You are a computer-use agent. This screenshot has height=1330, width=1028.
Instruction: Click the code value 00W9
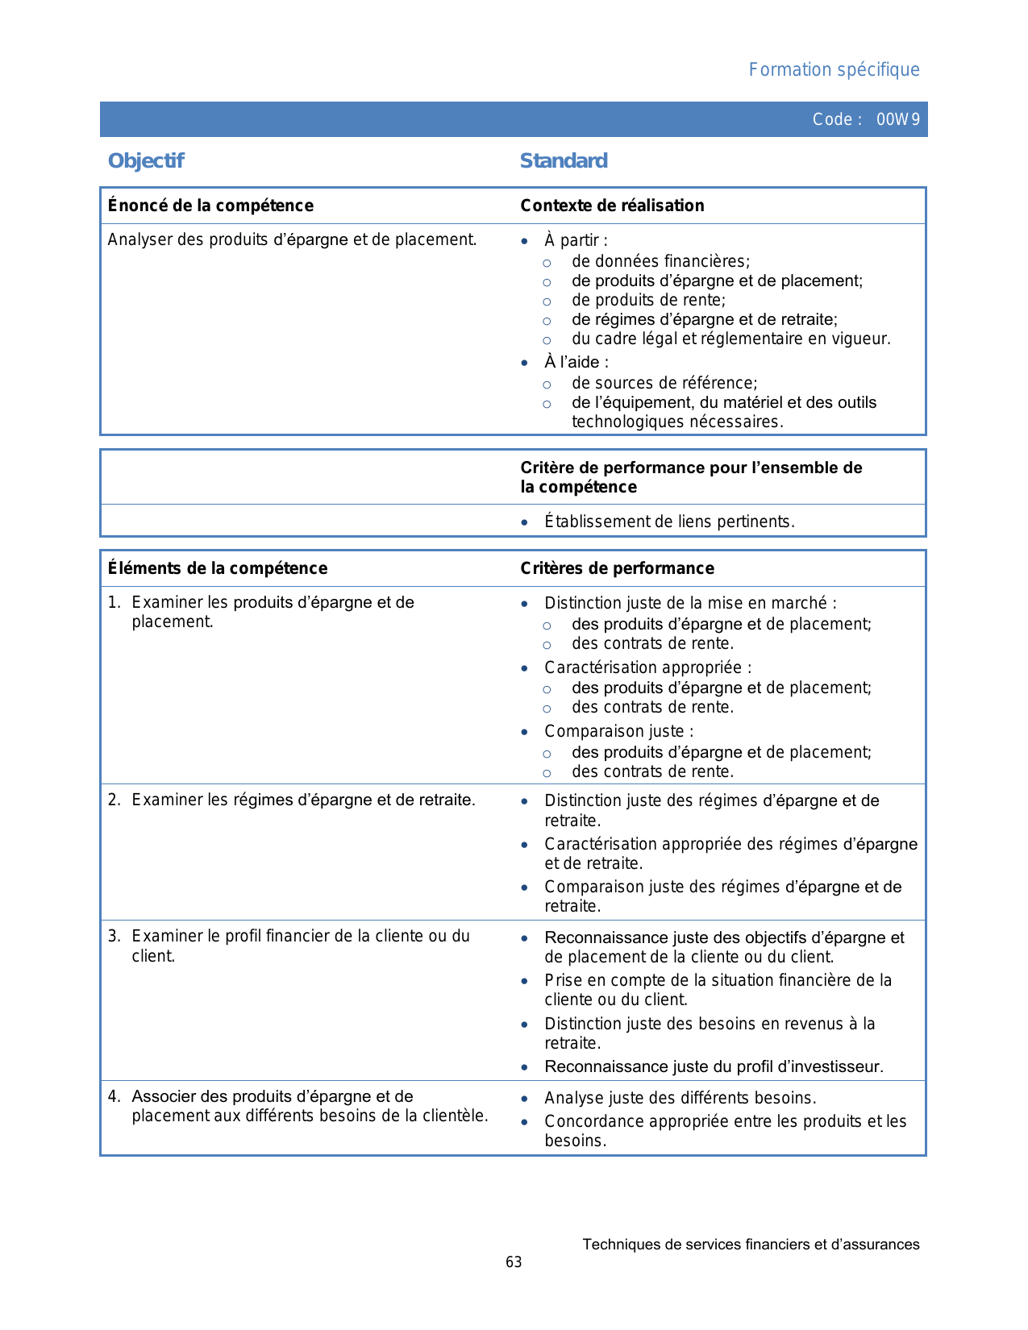897,119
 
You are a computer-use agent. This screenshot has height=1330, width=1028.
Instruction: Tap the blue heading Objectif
146,160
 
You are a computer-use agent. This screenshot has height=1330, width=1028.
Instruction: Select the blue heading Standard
564,160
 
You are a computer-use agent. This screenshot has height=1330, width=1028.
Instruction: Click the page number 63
514,1262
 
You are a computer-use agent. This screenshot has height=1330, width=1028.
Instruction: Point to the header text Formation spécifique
834,69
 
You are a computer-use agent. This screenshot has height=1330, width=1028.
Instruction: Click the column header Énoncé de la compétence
210,206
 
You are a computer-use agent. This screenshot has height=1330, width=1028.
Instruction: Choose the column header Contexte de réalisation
612,206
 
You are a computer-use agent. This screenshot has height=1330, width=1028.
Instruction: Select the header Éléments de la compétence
218,568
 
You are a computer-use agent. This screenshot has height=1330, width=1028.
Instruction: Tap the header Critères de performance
617,568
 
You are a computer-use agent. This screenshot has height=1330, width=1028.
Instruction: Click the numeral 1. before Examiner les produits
114,602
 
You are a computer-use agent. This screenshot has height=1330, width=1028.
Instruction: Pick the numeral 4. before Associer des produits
114,1096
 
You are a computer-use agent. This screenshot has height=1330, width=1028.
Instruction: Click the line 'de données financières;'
660,261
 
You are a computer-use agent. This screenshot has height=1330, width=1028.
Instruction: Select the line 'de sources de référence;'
664,383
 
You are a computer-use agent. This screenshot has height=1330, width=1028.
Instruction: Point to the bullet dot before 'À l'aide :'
525,363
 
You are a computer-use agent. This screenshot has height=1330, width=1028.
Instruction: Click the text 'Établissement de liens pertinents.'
669,522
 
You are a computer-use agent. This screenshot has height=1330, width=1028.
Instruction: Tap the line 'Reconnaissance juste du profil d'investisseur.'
714,1066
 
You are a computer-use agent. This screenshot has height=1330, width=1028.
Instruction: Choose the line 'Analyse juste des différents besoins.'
680,1098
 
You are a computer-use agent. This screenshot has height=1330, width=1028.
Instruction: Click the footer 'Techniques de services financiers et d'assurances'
751,1245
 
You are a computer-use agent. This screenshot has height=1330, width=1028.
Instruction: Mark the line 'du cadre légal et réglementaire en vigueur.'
730,339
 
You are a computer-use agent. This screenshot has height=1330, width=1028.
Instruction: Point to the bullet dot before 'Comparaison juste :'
525,732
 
